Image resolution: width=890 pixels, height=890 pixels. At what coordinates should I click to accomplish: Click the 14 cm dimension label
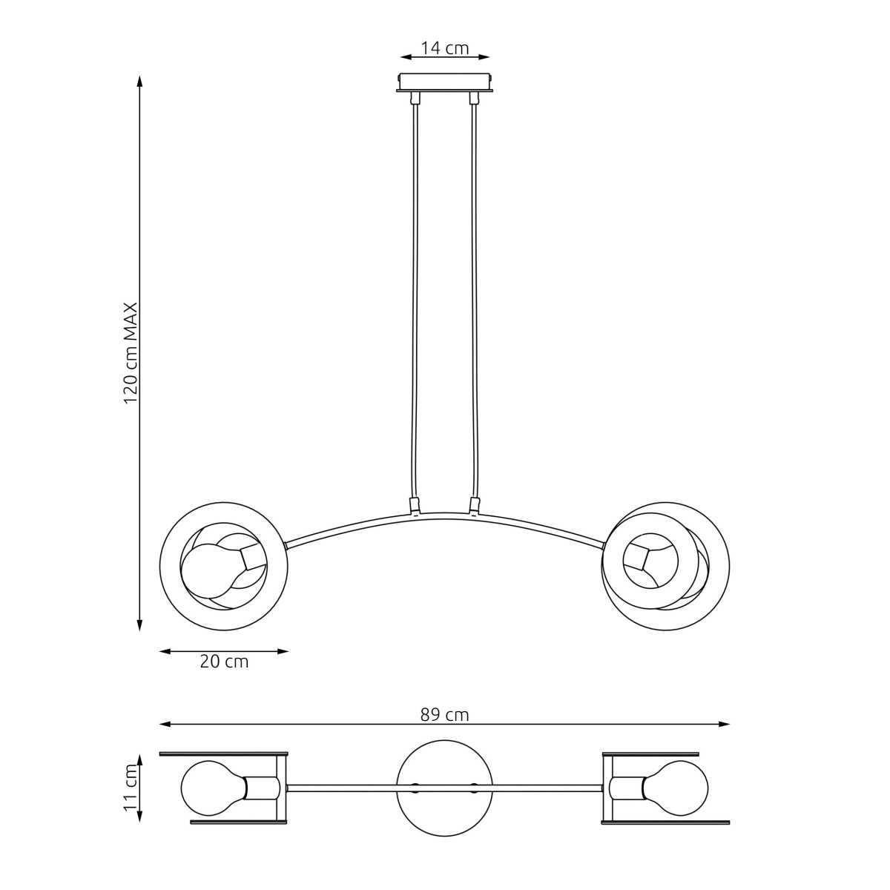coord(445,48)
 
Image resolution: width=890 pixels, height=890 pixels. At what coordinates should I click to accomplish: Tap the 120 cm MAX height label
coord(131,353)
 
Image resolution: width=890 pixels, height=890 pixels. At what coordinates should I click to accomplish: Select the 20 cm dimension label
coord(224,662)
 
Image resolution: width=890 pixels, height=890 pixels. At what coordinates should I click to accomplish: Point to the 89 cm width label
coord(445,715)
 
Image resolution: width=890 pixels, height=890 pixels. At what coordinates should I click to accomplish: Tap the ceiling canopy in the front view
coord(445,82)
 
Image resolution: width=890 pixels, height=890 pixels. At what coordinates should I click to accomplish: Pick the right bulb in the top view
coord(675,787)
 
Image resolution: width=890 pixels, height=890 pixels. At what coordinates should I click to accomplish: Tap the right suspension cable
coord(474,297)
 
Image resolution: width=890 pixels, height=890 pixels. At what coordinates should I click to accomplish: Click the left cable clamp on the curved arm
coord(415,507)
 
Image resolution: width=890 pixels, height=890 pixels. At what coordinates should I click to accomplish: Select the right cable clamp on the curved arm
coord(474,506)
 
